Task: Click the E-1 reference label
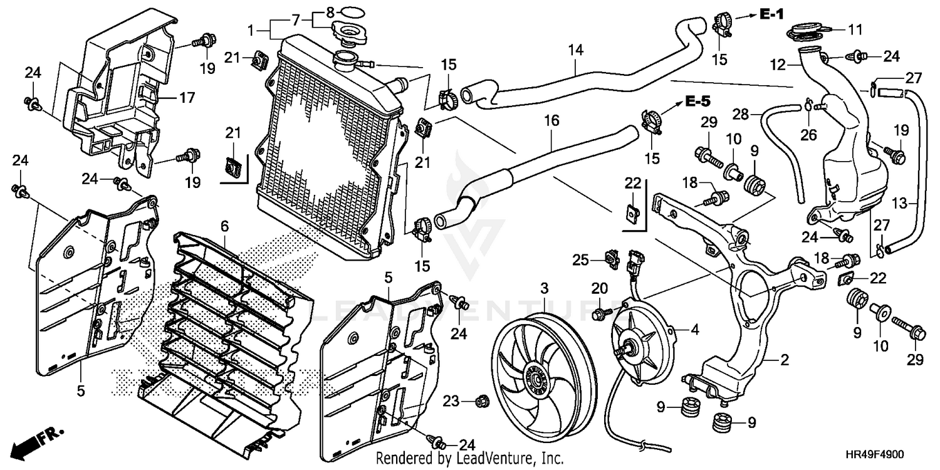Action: click(x=771, y=14)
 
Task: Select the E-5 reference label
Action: click(x=699, y=101)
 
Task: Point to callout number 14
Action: click(x=576, y=50)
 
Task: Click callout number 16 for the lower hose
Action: click(x=552, y=120)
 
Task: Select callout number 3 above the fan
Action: click(x=545, y=288)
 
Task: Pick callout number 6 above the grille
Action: click(x=224, y=227)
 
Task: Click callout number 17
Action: click(x=187, y=98)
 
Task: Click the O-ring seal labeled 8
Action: click(x=351, y=11)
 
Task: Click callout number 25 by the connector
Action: click(x=581, y=260)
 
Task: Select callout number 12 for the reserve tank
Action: click(x=778, y=65)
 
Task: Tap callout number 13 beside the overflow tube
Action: click(x=899, y=203)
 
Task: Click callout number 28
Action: click(x=741, y=114)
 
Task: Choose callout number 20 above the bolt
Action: click(x=600, y=288)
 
